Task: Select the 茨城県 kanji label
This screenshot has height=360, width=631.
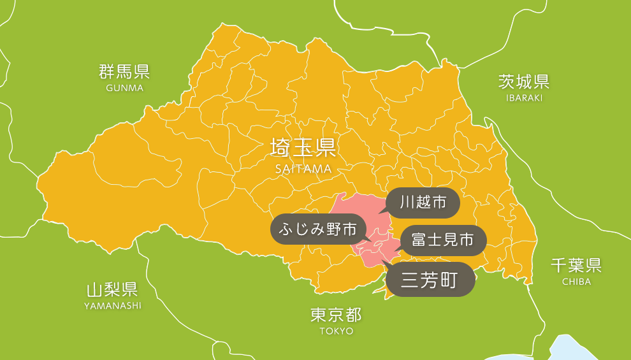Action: coord(524,81)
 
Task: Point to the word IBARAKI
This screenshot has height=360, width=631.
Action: coord(524,97)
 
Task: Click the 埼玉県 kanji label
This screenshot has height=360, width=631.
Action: coord(303,148)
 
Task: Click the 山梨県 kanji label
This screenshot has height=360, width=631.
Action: coord(113,290)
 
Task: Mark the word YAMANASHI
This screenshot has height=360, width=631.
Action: coord(113,306)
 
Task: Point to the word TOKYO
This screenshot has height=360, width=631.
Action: coord(337,331)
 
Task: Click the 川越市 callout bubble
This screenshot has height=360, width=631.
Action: coord(423,203)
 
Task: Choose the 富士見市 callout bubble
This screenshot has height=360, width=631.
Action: coord(442,240)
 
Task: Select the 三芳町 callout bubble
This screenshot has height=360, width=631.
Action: coord(431,279)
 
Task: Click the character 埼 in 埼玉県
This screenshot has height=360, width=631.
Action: coord(281,148)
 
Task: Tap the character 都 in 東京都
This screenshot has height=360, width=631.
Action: coord(354,315)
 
